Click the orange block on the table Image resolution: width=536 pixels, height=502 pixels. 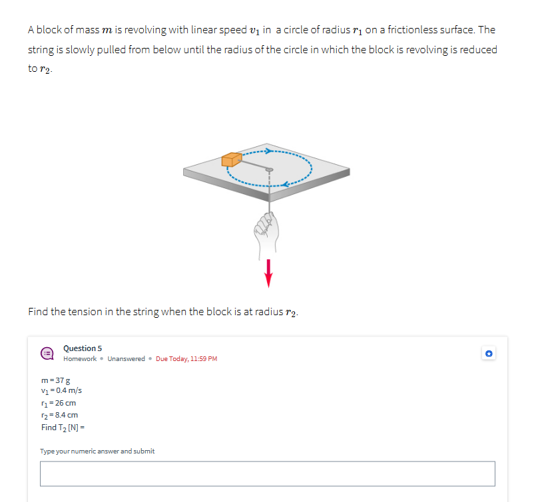tap(231, 160)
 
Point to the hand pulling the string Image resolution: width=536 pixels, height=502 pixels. tap(267, 229)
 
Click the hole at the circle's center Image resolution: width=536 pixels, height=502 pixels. tap(268, 170)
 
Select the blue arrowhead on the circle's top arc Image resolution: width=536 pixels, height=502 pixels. tap(269, 151)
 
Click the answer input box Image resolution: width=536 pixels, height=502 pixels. tap(267, 473)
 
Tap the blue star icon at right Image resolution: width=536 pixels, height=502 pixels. tap(489, 354)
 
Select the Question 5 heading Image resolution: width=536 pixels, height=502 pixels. tap(83, 348)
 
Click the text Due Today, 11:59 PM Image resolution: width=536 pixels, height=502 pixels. tap(186, 359)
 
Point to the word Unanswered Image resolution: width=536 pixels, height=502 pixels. tap(126, 359)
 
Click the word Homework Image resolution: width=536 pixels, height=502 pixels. tap(80, 359)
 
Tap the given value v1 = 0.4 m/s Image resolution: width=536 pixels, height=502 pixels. tap(61, 391)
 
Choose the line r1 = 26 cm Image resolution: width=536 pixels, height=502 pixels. tap(59, 403)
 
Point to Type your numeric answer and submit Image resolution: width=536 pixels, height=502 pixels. tap(97, 451)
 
